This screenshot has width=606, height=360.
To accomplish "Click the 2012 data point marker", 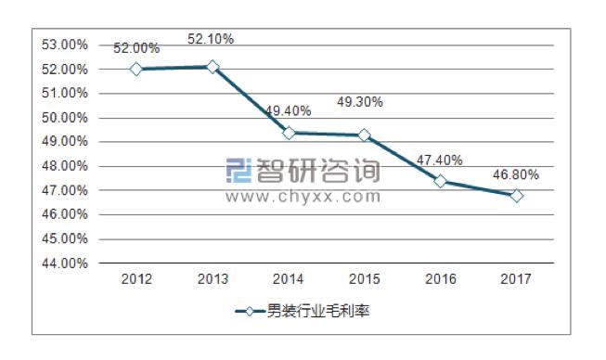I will pos(136,70).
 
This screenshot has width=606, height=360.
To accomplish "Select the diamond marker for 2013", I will pos(213,67).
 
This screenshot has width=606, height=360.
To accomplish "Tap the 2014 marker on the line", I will pos(289,133).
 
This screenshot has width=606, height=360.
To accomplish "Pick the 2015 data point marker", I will pos(365,135).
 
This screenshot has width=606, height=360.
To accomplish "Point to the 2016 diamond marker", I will pos(441,181).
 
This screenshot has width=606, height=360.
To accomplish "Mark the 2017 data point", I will pos(517,196).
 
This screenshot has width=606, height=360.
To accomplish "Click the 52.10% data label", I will pos(211,39).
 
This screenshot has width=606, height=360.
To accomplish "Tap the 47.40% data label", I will pos(440,160).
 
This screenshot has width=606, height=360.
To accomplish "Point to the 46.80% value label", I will pos(516,174).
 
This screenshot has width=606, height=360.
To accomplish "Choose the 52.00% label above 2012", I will pos(136,48).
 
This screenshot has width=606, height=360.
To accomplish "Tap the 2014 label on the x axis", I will pos(289,278).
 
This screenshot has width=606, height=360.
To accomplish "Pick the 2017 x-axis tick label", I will pos(517,278).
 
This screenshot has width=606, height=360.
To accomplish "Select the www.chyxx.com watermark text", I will pos(303,197).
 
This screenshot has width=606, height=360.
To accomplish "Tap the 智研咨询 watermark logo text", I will pos(316,172).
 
